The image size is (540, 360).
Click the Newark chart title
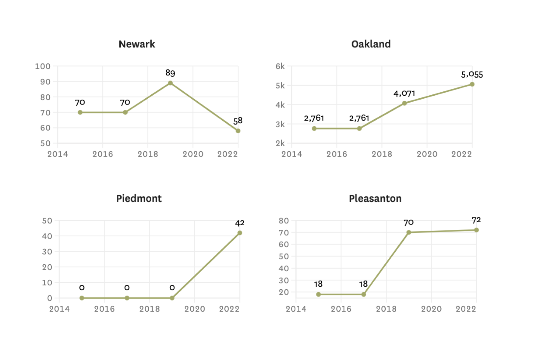[137, 44]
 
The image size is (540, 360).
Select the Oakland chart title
[371, 44]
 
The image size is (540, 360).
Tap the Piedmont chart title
[139, 199]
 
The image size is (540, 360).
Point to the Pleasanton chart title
[375, 199]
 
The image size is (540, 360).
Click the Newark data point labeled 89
[170, 83]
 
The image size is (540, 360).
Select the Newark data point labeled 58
[238, 131]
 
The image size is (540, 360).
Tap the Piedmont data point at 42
[240, 233]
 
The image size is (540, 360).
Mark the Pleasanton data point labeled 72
[476, 230]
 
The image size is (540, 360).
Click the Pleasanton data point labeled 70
[409, 232]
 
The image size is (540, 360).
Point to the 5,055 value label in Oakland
[472, 75]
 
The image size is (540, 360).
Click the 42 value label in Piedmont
[240, 223]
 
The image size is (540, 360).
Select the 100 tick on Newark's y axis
[43, 66]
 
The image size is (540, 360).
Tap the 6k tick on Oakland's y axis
[280, 66]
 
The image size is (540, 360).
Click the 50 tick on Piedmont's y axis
[47, 221]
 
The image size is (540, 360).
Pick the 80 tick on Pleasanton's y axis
[284, 221]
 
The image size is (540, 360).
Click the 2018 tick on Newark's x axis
[148, 154]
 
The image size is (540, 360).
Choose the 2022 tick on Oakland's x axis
[461, 154]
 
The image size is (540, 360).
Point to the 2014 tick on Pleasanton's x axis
[296, 309]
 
